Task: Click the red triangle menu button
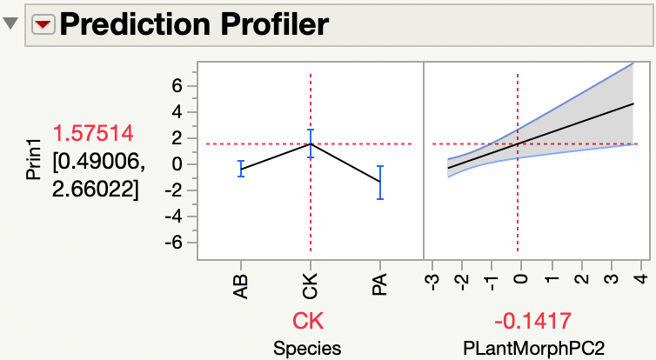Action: click(44, 24)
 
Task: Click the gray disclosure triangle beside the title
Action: click(12, 24)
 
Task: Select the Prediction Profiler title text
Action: click(194, 24)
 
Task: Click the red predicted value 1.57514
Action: click(93, 134)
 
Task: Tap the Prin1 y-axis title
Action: click(33, 161)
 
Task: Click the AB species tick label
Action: click(240, 283)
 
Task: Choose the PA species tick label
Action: click(379, 283)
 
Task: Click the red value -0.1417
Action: click(530, 321)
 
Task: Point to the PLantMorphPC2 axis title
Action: click(531, 348)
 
